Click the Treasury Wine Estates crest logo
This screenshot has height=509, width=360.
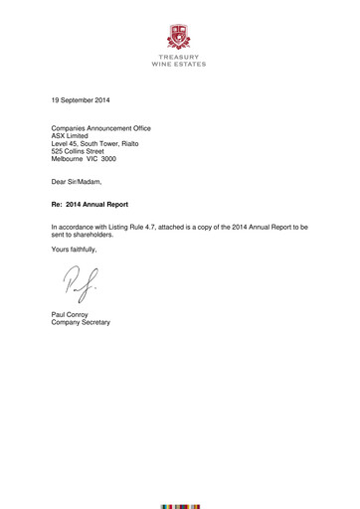pyautogui.click(x=180, y=37)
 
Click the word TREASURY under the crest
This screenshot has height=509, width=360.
pyautogui.click(x=180, y=58)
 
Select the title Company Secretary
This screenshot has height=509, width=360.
pyautogui.click(x=82, y=324)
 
